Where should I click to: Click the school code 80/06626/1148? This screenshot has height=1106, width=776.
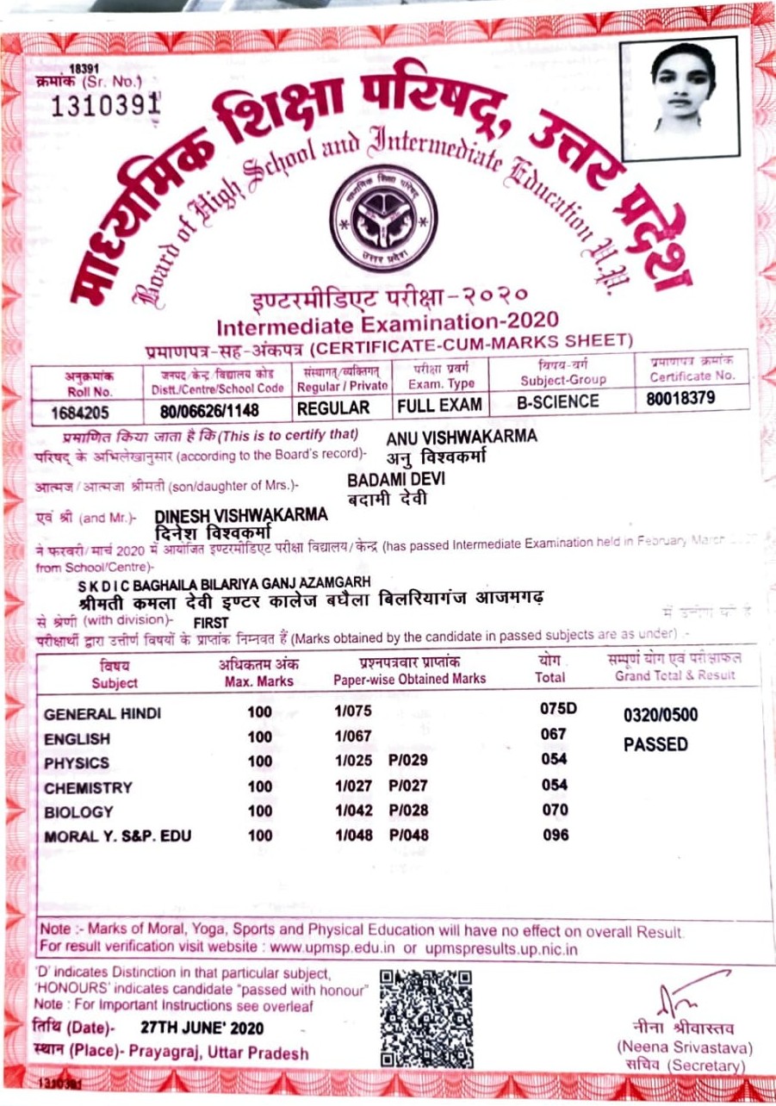click(204, 409)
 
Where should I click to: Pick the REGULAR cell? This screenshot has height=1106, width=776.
click(338, 407)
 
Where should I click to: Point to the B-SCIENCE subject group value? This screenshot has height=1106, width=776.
click(557, 401)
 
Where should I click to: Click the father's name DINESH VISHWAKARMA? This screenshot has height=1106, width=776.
click(241, 515)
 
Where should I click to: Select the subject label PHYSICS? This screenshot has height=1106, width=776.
click(77, 763)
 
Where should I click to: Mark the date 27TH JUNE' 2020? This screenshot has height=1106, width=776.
click(202, 1028)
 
